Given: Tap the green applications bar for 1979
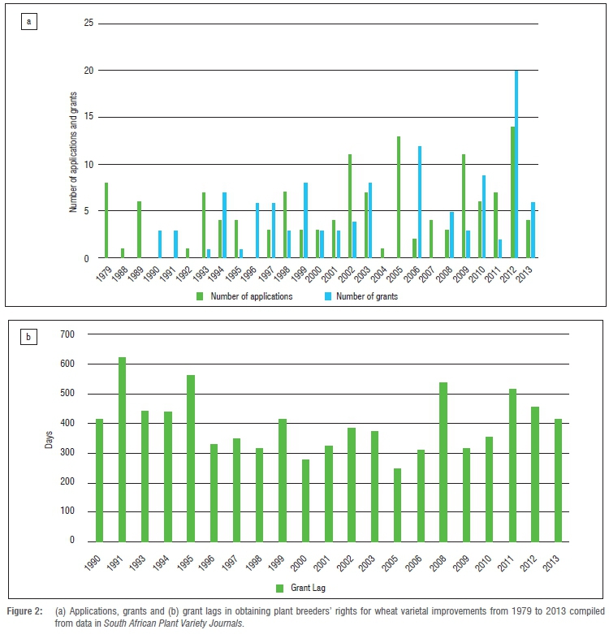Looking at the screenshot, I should pos(106,221).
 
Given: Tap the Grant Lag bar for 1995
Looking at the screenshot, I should pos(191,458).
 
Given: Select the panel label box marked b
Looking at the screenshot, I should pos(28,335).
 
